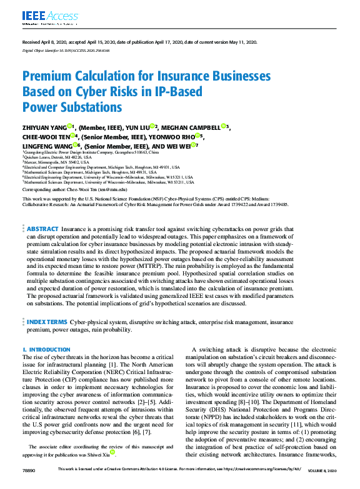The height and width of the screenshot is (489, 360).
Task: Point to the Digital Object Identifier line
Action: point(57,51)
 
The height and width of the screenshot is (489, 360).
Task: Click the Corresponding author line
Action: point(74,188)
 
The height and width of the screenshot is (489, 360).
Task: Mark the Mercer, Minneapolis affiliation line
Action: point(56,162)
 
